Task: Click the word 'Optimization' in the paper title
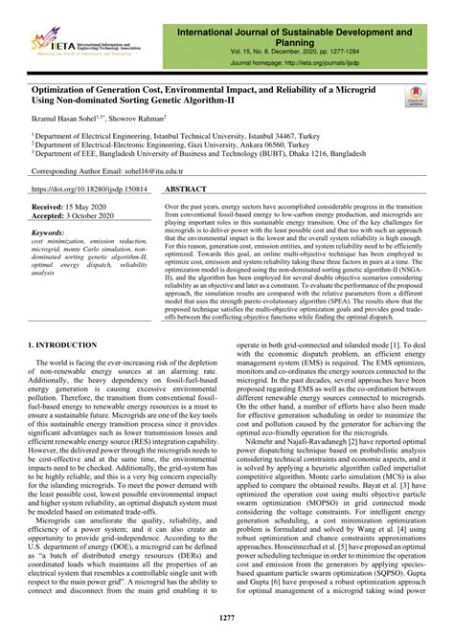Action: pyautogui.click(x=63, y=88)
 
